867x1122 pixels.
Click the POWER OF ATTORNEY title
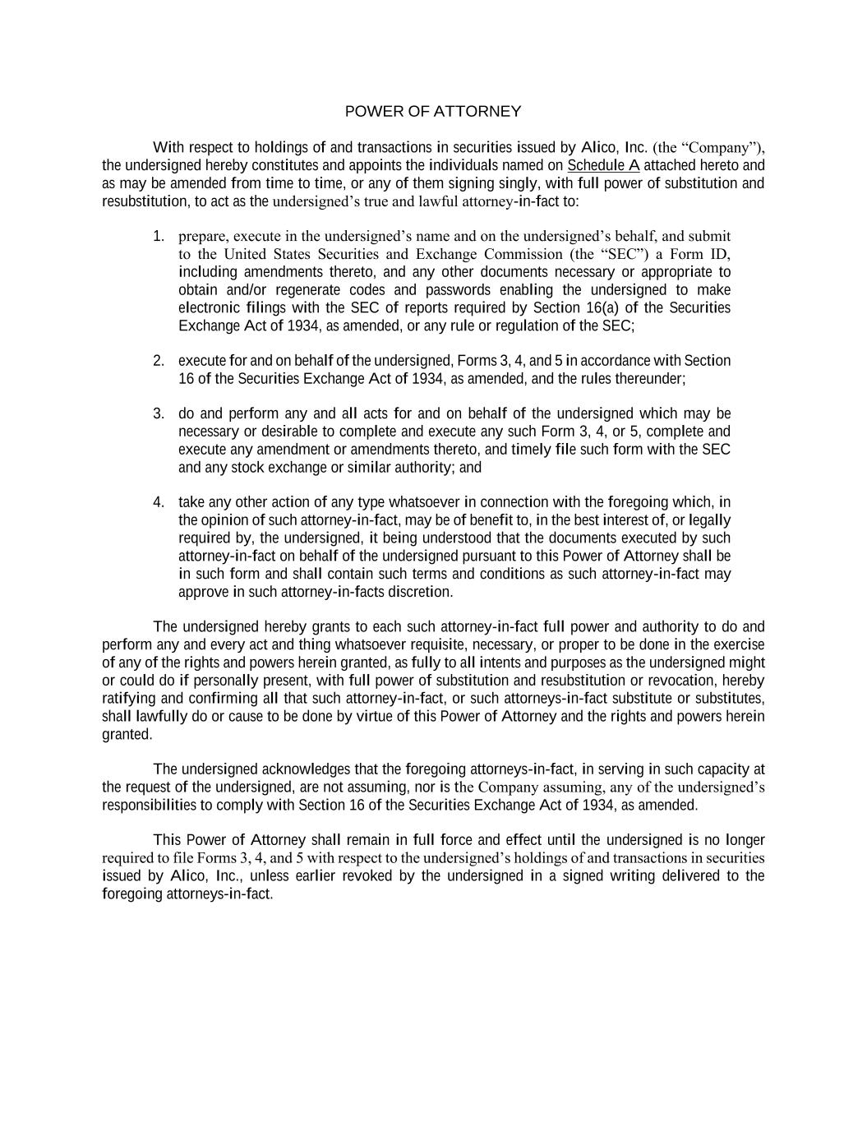(432, 111)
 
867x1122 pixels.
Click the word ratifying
(128, 699)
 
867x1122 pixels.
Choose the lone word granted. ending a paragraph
(127, 734)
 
